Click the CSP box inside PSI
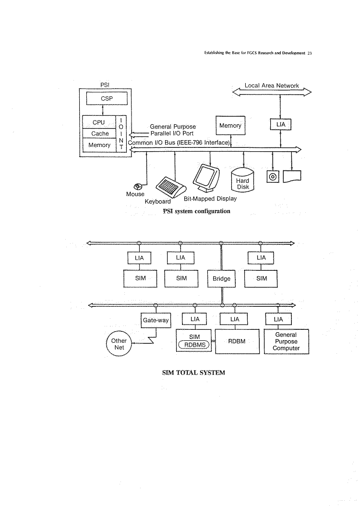(107, 98)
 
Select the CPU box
(99, 122)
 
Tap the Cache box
(99, 133)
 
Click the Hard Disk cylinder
(243, 180)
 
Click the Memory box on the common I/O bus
(230, 126)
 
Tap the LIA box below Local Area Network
(281, 125)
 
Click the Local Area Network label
(272, 86)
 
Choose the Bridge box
(221, 278)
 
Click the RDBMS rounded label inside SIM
(194, 344)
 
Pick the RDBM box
(237, 341)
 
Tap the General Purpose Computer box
(286, 341)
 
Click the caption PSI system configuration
(196, 211)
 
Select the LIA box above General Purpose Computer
(278, 319)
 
